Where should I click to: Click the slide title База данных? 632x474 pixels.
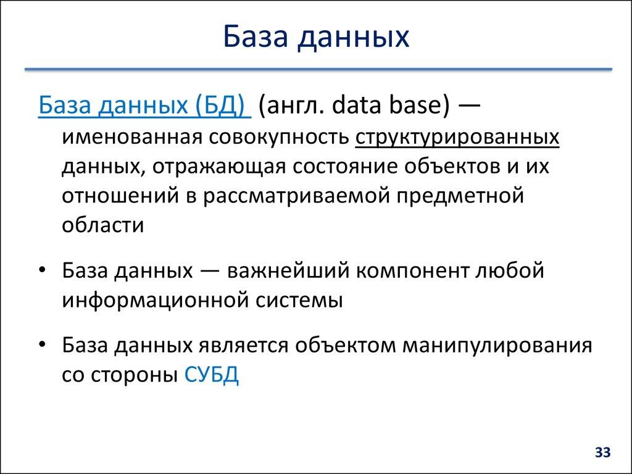click(315, 36)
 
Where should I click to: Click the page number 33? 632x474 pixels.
click(602, 454)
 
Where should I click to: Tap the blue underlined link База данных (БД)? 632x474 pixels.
click(143, 107)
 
